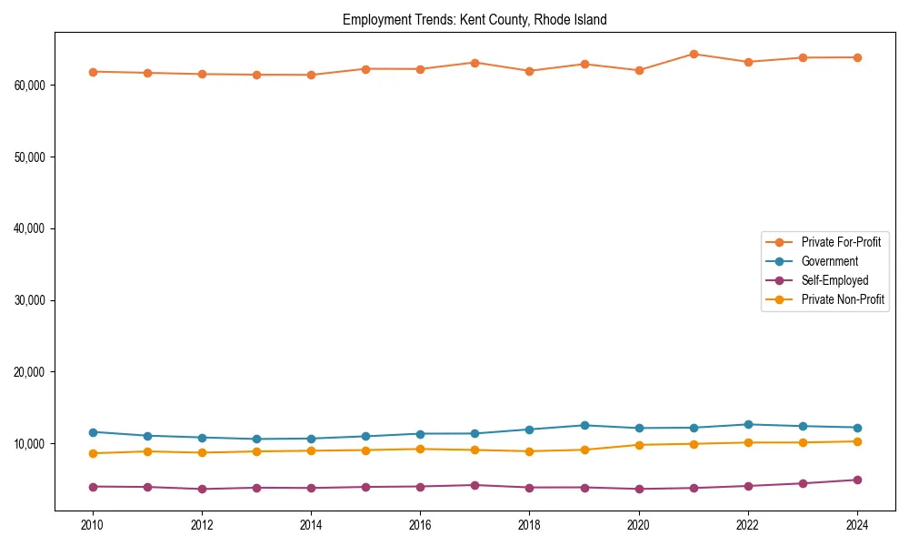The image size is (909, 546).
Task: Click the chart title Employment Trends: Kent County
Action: (474, 19)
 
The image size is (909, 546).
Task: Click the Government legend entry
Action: (829, 261)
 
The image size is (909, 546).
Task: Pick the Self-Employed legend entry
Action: (834, 280)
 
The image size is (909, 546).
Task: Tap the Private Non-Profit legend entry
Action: (843, 299)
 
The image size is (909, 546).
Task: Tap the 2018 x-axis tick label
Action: (529, 525)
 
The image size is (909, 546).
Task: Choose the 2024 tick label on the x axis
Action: (857, 525)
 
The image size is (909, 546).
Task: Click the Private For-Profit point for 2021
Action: (694, 54)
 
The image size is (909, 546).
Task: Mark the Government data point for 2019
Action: (584, 425)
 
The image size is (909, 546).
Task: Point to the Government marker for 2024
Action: (857, 428)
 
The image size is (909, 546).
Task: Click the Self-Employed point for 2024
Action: (857, 480)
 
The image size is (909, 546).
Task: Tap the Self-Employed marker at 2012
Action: (202, 489)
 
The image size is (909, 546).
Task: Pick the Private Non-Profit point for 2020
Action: (639, 445)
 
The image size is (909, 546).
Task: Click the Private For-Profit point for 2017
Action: (474, 63)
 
